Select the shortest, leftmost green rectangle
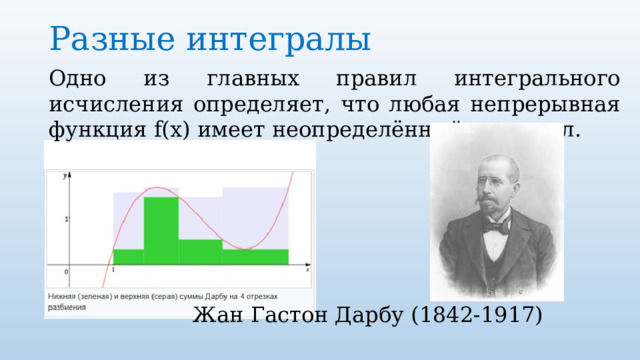coord(128,256)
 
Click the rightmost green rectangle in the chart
coord(255,256)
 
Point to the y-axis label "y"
coord(66,176)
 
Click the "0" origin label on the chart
coord(67,271)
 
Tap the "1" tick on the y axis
coord(67,218)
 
